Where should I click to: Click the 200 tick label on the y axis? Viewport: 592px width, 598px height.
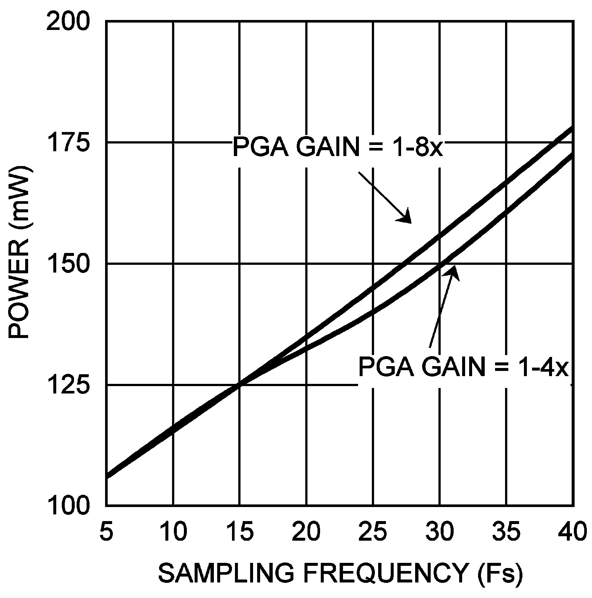point(68,23)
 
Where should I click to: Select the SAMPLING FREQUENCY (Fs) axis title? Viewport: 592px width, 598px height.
point(340,573)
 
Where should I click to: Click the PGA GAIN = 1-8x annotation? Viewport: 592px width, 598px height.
point(337,147)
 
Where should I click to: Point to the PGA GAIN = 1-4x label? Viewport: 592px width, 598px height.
point(463,367)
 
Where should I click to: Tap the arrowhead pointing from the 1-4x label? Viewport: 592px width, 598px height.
point(454,271)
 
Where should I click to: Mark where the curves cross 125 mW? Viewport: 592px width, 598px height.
point(240,385)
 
